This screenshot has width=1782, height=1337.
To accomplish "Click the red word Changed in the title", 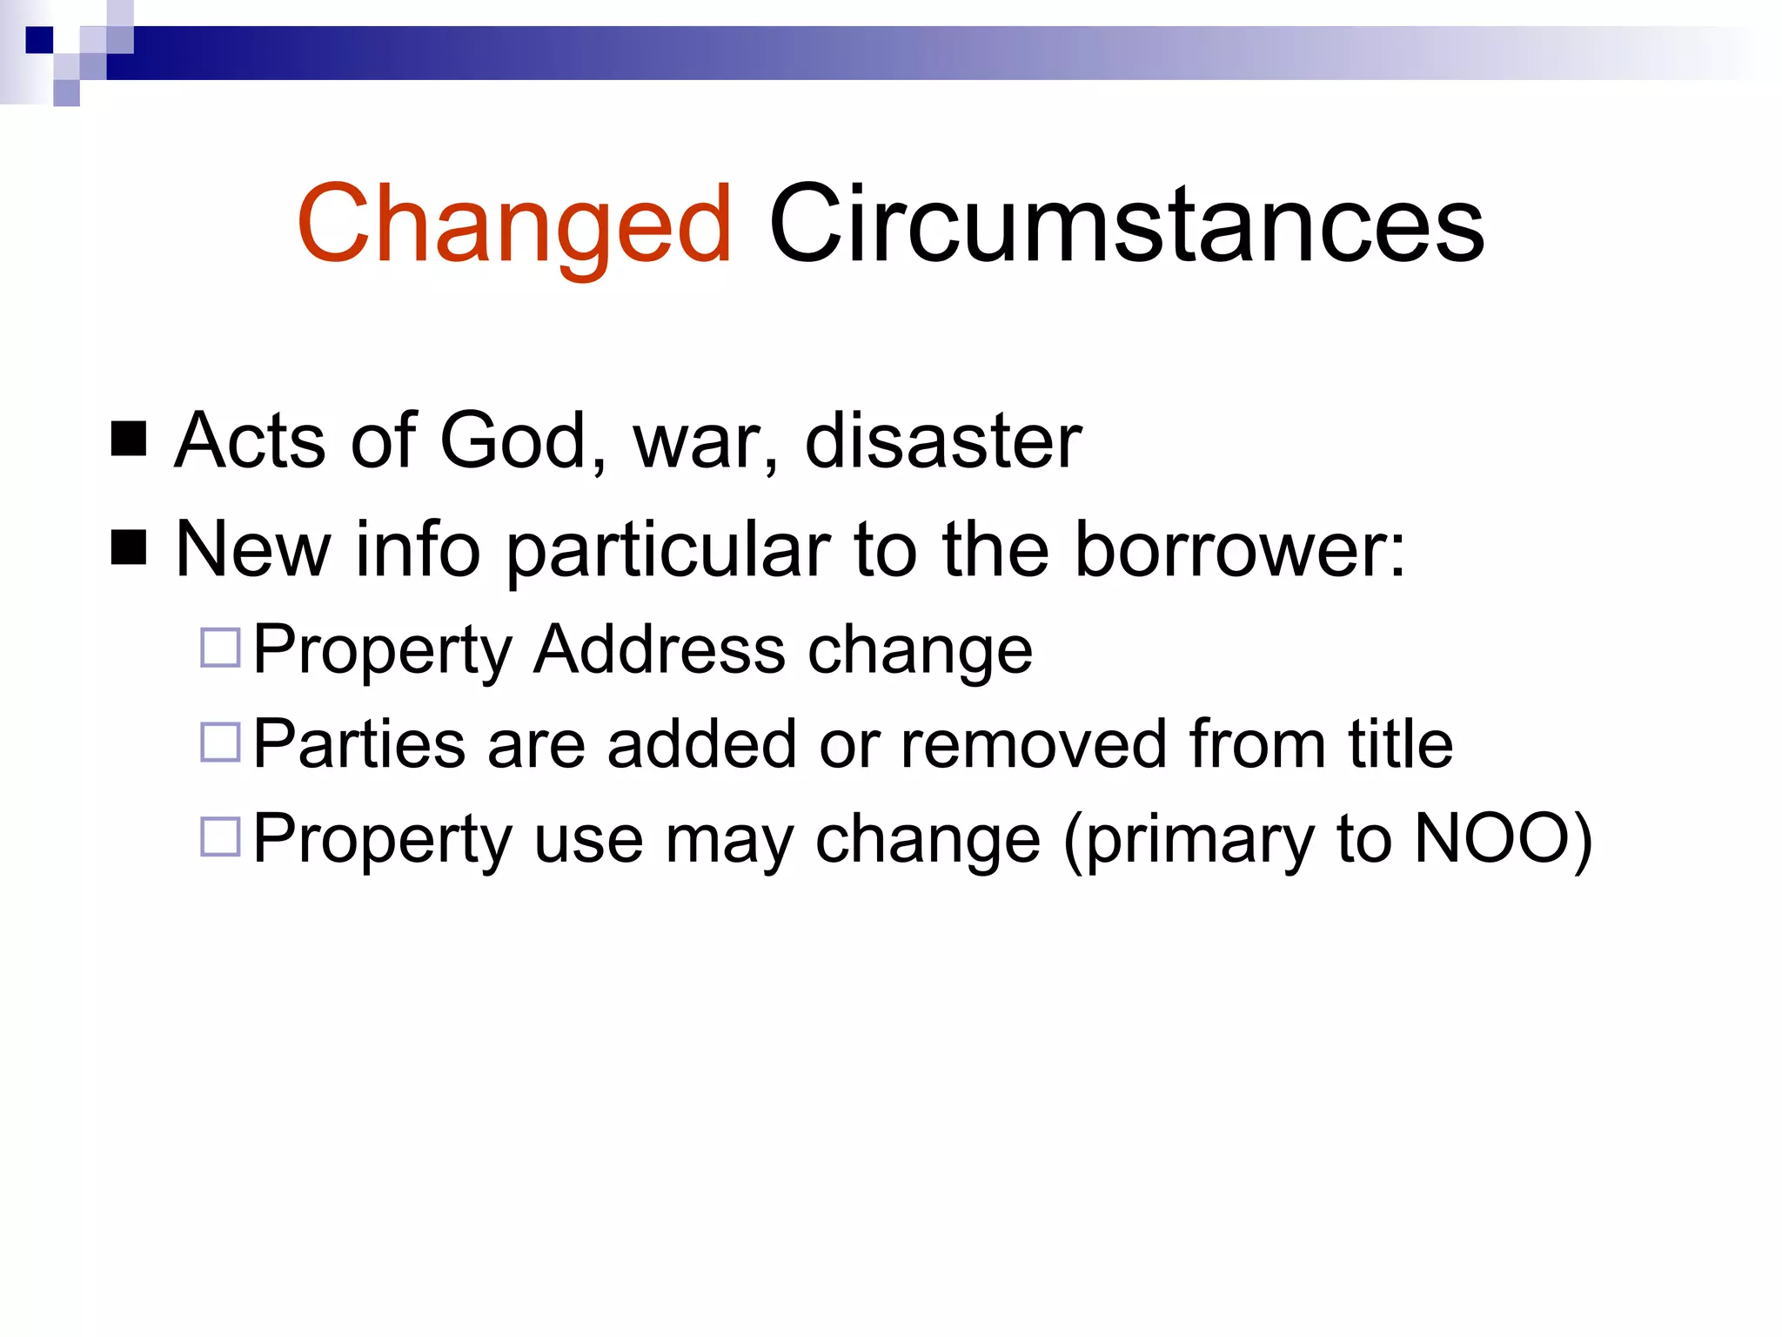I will (514, 225).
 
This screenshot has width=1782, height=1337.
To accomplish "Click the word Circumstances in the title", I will (1126, 225).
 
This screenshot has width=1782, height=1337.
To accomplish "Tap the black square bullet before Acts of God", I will (129, 439).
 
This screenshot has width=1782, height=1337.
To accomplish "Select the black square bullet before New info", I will (129, 548).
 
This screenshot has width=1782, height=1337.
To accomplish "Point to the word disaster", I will (942, 440).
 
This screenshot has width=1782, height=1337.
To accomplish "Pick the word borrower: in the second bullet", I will (1240, 549).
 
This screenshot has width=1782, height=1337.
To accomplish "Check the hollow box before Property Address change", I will (220, 648).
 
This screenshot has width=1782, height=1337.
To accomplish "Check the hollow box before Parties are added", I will (220, 742).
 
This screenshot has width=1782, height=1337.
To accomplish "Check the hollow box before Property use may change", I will (220, 836).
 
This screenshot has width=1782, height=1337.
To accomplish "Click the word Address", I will (660, 649).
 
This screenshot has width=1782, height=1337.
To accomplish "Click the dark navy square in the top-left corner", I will (39, 40).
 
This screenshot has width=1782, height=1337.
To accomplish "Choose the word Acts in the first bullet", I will (250, 440).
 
